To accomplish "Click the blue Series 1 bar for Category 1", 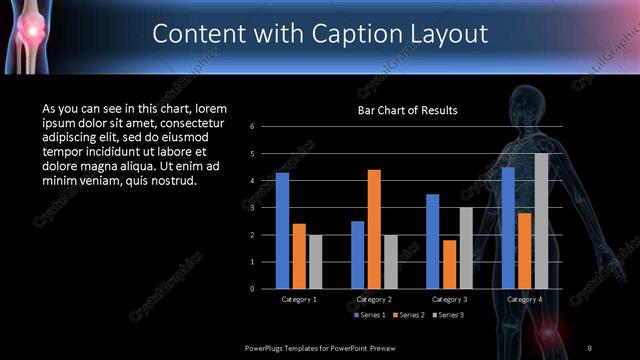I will click(x=282, y=230).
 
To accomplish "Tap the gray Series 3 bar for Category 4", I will click(x=541, y=220).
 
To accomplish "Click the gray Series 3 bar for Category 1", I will click(x=315, y=261).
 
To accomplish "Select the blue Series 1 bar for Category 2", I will click(x=357, y=254).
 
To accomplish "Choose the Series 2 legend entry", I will click(x=408, y=315).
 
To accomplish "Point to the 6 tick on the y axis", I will click(x=253, y=127).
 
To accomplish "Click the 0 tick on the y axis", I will click(x=253, y=288).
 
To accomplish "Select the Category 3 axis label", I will click(x=449, y=299).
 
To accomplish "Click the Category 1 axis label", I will click(x=298, y=299).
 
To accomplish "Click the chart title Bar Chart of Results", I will click(x=408, y=111).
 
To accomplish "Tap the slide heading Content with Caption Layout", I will click(x=320, y=33).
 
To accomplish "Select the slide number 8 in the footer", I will click(x=590, y=347).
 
